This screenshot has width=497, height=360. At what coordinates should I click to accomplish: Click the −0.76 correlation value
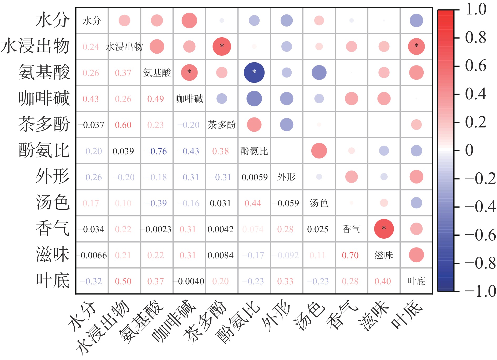click(156, 151)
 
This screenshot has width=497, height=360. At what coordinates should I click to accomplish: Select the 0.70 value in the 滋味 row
click(350, 255)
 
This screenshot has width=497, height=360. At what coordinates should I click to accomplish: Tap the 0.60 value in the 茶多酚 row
click(123, 125)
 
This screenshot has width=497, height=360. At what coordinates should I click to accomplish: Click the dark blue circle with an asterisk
click(254, 73)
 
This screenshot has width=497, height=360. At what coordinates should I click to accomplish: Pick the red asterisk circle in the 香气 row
click(384, 229)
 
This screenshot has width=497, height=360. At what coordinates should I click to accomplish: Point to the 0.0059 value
click(254, 177)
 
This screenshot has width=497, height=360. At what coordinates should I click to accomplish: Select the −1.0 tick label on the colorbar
click(480, 291)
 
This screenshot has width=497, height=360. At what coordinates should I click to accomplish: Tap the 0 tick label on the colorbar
click(469, 150)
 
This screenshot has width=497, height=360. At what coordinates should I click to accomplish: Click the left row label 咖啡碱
click(44, 98)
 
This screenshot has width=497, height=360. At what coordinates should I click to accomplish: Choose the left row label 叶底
click(53, 280)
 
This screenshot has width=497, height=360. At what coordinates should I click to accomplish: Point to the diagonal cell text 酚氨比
click(254, 151)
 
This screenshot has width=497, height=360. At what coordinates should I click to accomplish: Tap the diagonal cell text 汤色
click(319, 203)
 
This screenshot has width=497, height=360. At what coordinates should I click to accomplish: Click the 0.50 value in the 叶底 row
click(123, 281)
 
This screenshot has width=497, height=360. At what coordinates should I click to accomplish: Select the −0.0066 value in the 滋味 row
click(92, 255)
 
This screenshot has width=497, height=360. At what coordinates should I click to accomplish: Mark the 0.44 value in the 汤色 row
click(253, 203)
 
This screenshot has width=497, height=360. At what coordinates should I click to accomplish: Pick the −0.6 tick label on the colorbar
click(480, 235)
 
